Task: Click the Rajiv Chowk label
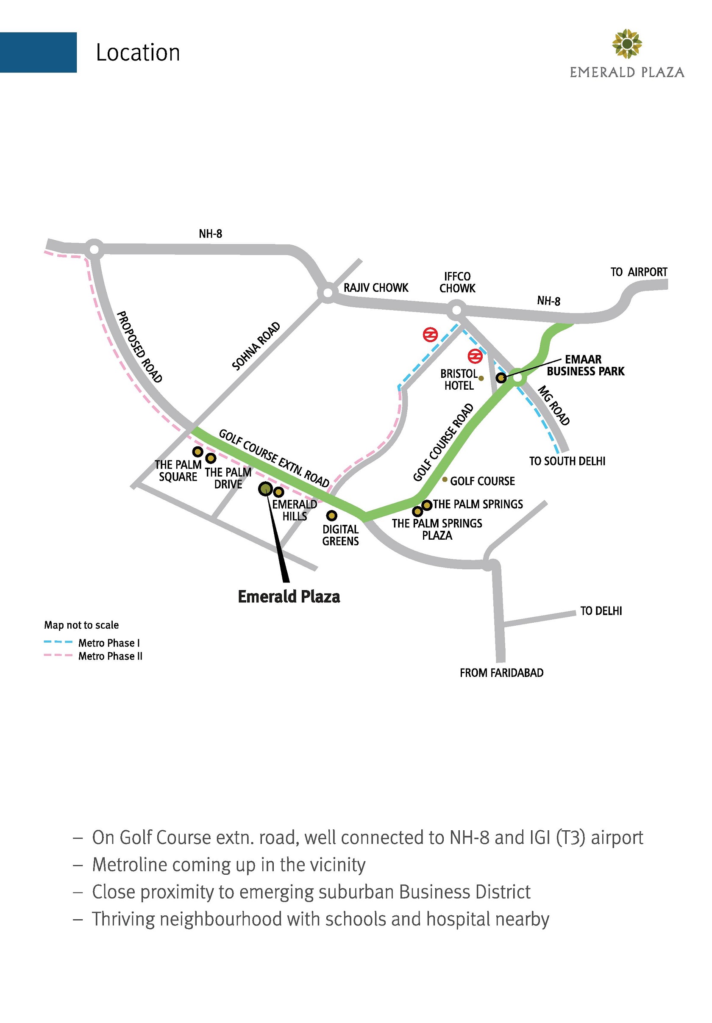(x=375, y=288)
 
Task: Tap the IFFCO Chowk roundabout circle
(x=456, y=310)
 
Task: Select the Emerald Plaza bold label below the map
(x=289, y=596)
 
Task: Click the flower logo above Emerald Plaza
(x=626, y=44)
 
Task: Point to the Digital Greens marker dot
(x=331, y=516)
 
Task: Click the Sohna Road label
(x=256, y=346)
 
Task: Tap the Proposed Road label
(x=139, y=347)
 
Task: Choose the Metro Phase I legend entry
(x=109, y=643)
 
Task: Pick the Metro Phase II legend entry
(x=110, y=656)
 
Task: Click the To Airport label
(x=638, y=272)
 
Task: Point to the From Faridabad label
(x=501, y=673)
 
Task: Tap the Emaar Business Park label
(x=585, y=365)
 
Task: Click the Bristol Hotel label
(x=459, y=380)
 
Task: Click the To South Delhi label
(x=567, y=461)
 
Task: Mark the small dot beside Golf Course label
(x=445, y=480)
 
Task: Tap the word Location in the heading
(x=138, y=53)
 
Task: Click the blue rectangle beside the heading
(x=38, y=52)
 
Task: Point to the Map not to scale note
(x=81, y=625)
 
